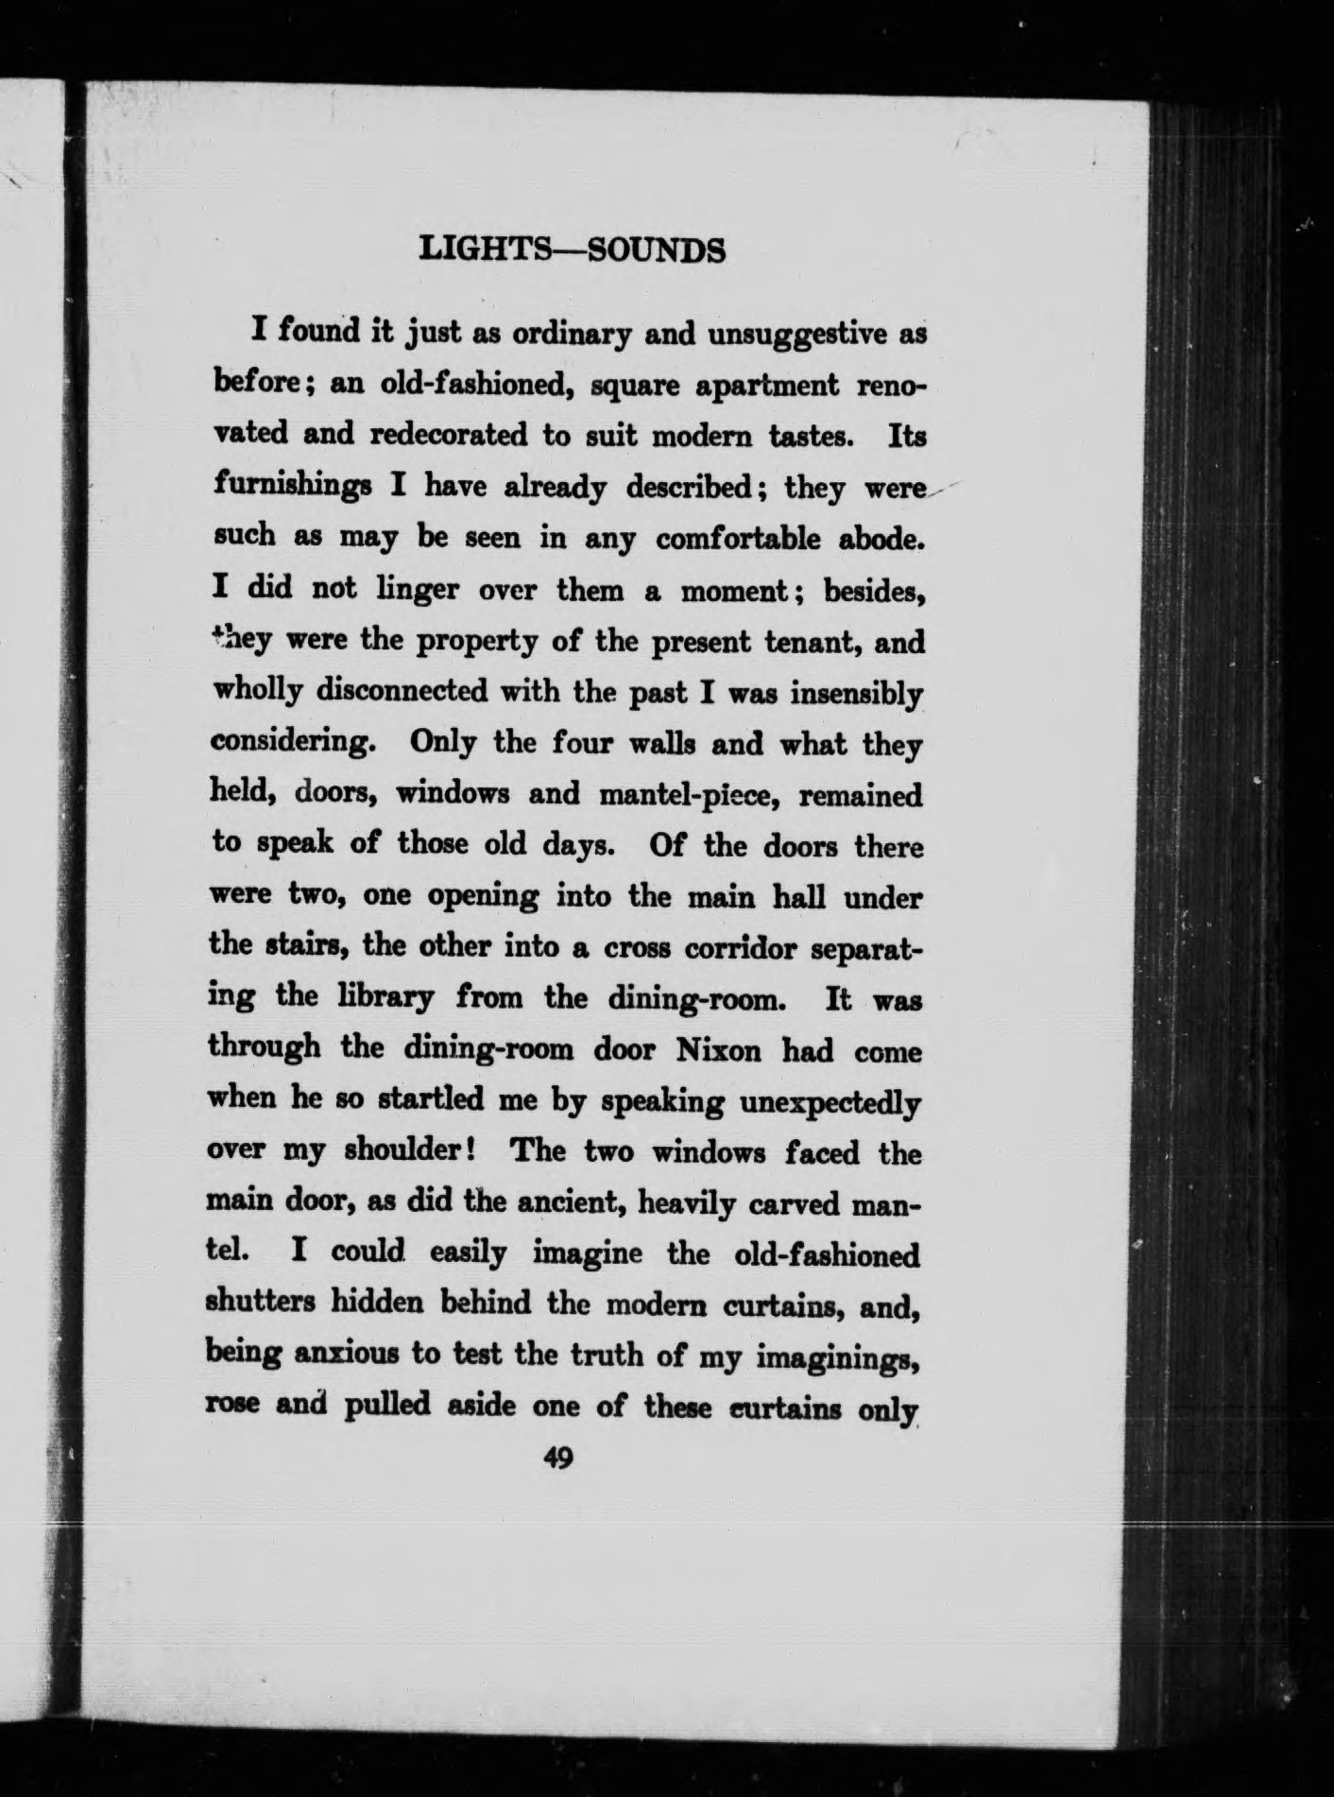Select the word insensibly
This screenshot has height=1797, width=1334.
(x=856, y=693)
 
